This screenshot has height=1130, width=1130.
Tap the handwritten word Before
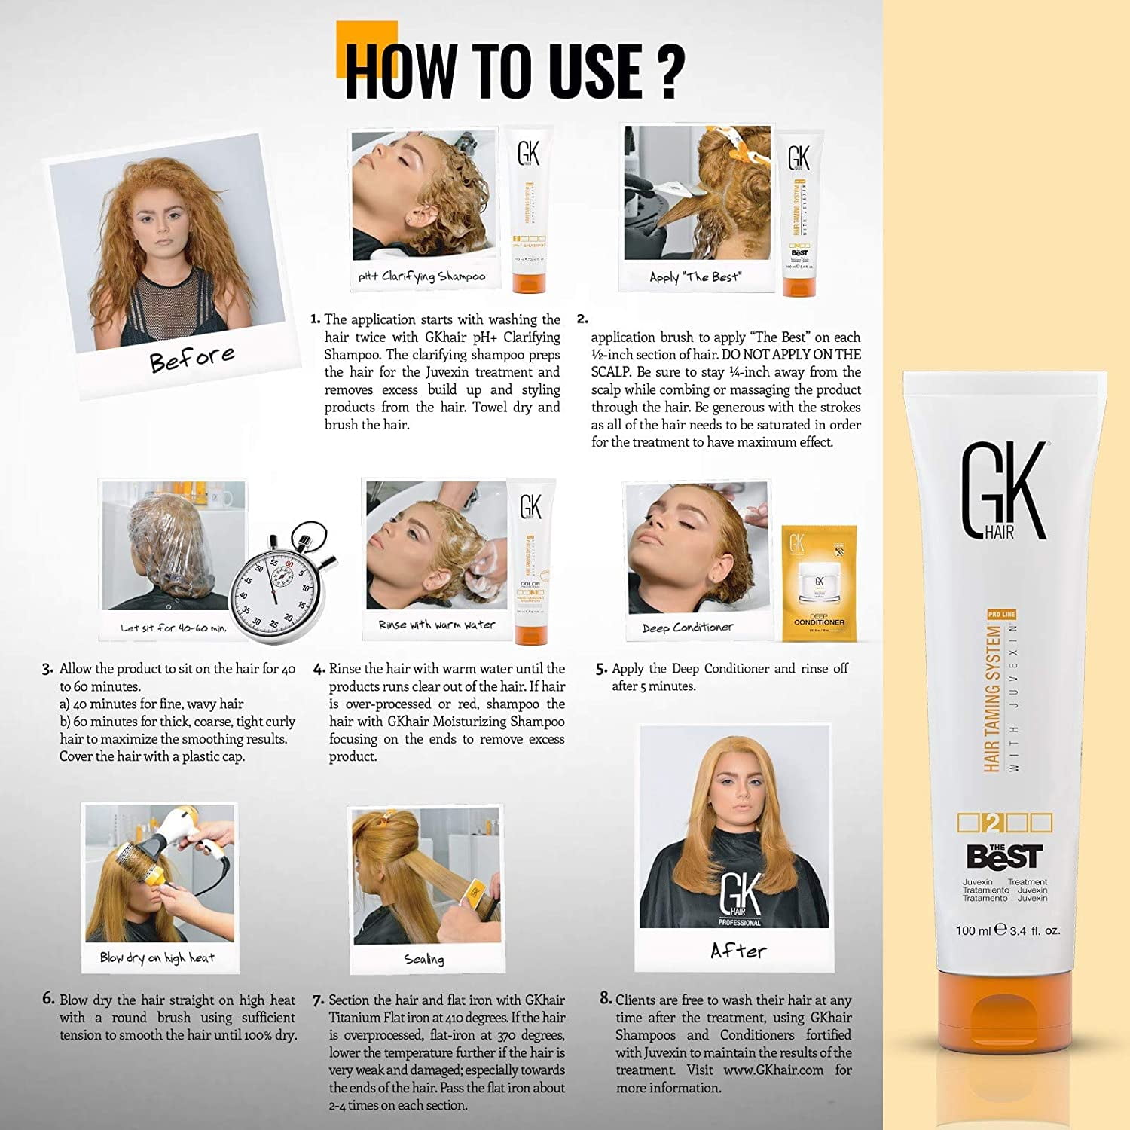191,359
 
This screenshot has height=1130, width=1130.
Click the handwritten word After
738,951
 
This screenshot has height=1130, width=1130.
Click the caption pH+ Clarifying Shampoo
422,276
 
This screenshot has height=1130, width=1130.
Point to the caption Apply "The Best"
695,276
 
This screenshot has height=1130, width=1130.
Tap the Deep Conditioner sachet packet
819,583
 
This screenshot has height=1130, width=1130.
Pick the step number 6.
48,999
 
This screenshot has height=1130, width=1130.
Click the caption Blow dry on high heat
157,957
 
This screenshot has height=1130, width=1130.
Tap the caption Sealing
423,959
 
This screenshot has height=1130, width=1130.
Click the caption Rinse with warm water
436,625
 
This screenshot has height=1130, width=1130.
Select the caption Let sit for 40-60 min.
173,628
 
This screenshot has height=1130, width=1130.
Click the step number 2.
582,319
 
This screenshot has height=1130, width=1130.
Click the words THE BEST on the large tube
1004,856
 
